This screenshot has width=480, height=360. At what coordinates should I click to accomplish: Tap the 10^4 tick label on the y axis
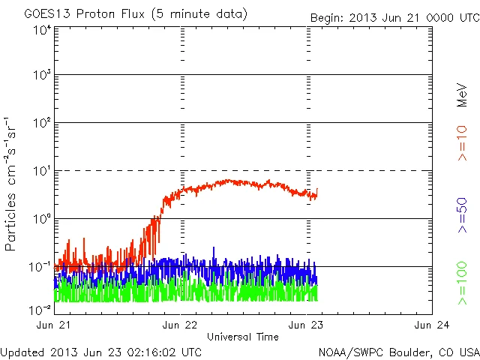click(x=41, y=30)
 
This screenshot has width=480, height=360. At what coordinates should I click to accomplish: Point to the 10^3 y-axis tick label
click(x=41, y=75)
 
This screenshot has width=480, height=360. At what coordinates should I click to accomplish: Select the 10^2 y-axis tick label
click(x=41, y=123)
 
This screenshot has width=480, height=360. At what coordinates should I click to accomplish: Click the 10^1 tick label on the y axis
click(x=41, y=171)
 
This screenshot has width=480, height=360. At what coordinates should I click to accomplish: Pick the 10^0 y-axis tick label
click(x=41, y=219)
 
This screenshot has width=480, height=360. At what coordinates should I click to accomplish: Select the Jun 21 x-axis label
click(x=54, y=325)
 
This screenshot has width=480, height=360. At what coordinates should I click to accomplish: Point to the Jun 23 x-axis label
click(x=306, y=325)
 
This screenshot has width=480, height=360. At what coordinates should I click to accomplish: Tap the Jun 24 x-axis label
click(x=431, y=325)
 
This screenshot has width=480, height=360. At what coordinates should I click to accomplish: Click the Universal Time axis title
click(x=242, y=336)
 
